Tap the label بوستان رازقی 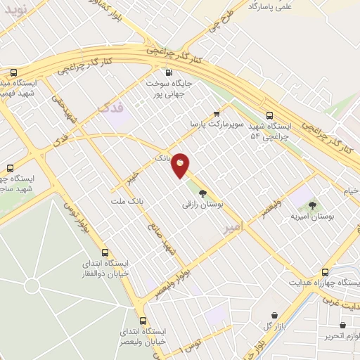point(202,205)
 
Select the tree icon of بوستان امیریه point(313,205)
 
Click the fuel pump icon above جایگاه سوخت point(168,72)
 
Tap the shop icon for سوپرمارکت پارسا point(217,112)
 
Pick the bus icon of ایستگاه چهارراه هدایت point(324,271)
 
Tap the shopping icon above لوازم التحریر point(342,326)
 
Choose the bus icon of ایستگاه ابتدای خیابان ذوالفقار point(105,252)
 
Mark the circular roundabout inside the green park point(32,285)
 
